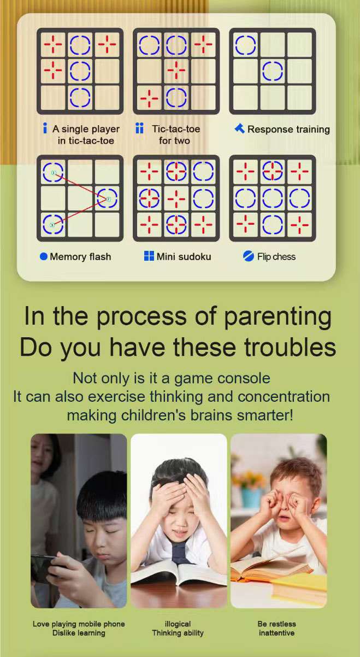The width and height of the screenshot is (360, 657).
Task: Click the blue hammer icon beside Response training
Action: click(x=239, y=128)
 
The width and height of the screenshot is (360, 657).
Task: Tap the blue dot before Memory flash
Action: click(x=43, y=256)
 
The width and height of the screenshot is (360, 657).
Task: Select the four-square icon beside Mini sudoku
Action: click(x=149, y=256)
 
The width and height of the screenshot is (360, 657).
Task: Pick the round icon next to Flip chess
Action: click(x=249, y=256)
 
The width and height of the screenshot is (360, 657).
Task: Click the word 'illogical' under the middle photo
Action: click(x=178, y=624)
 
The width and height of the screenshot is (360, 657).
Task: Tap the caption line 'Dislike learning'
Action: click(x=79, y=632)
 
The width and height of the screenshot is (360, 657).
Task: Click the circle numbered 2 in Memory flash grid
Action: click(x=107, y=198)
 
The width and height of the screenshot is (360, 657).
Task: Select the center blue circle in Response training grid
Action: click(x=273, y=71)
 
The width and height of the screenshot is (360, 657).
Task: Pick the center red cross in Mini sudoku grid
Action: click(x=176, y=198)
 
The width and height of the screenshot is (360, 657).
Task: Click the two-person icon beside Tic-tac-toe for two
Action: click(x=139, y=128)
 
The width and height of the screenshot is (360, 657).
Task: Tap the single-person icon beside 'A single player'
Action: click(x=45, y=128)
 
